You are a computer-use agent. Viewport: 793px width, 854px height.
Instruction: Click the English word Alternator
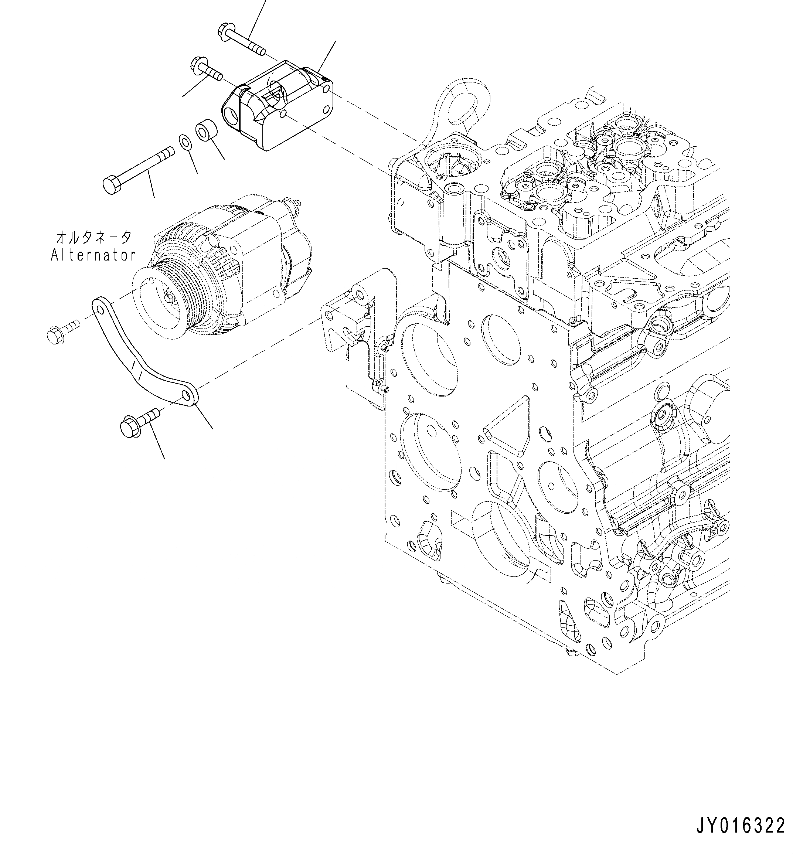pos(93,255)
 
